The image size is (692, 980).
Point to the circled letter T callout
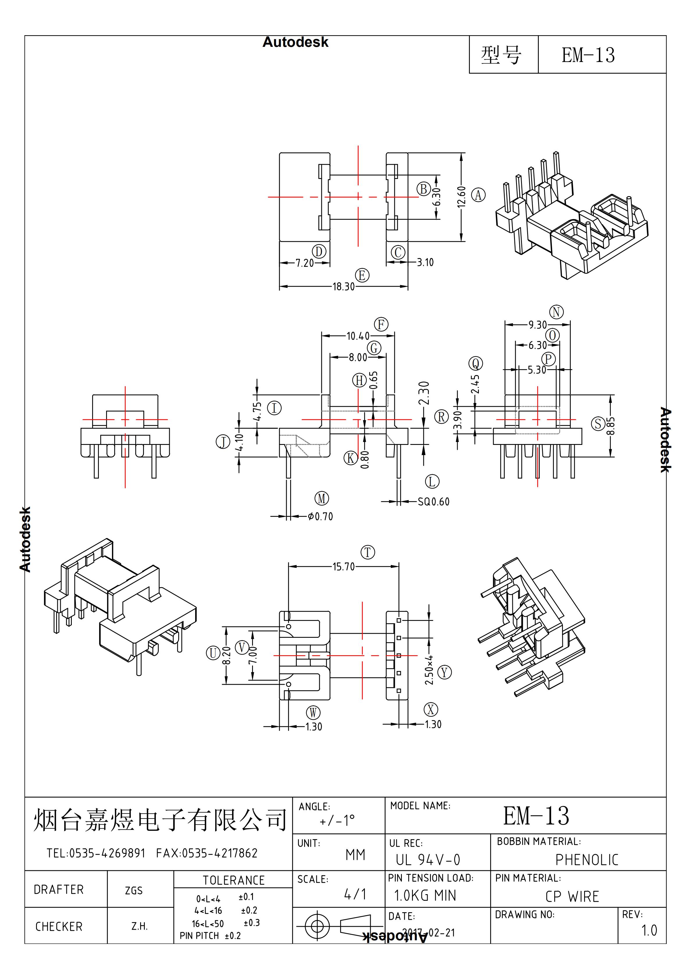[x=368, y=552]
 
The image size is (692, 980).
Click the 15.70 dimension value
[x=343, y=567]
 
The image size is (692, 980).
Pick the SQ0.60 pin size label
[x=434, y=502]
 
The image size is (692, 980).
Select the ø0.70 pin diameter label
[x=320, y=516]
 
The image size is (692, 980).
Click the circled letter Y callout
[x=445, y=672]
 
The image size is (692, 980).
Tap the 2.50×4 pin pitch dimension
[x=429, y=670]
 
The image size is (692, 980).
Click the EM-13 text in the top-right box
[x=588, y=55]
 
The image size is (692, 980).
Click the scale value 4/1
[x=355, y=894]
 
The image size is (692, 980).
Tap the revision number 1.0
[x=649, y=931]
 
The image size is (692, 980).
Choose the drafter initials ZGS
[x=133, y=890]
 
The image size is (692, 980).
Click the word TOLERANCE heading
[x=233, y=880]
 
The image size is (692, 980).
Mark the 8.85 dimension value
[x=611, y=425]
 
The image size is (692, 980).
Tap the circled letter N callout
[x=556, y=312]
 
